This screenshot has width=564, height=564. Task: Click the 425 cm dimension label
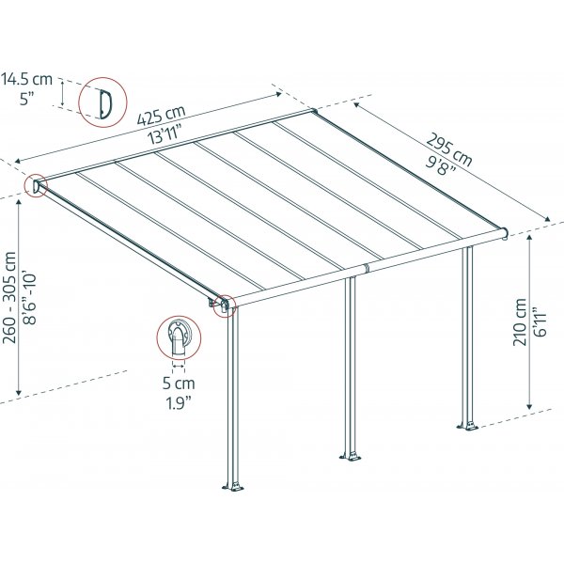point(161,116)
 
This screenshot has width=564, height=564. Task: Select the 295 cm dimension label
point(448,149)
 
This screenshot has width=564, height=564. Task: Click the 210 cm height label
point(520,321)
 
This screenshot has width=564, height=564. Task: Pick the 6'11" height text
point(540,321)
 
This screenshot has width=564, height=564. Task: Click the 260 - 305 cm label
point(9,297)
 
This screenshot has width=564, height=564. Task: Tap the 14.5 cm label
point(27,79)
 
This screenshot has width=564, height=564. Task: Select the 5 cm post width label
point(179,384)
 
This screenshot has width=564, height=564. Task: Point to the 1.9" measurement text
point(178,403)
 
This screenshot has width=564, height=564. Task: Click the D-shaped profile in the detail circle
point(105,103)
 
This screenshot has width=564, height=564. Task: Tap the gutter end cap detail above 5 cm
point(178,337)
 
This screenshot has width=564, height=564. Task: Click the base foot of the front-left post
point(233,486)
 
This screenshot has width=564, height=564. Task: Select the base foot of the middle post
point(351,457)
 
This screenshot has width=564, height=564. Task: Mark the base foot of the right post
point(467,426)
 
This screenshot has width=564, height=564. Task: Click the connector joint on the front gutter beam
point(367,268)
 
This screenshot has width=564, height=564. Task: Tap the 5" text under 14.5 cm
point(26,99)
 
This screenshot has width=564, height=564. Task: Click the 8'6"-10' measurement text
point(30,299)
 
